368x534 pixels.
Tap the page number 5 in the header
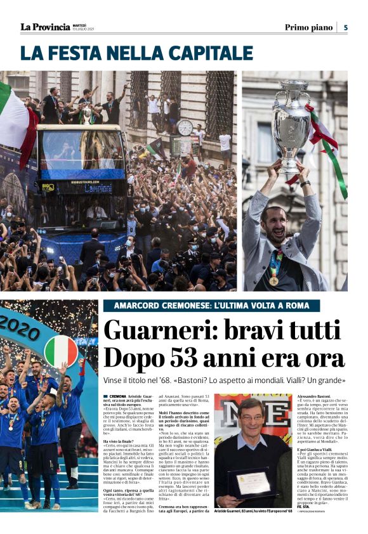pyautogui.click(x=345, y=27)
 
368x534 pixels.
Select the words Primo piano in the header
pyautogui.click(x=308, y=27)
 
